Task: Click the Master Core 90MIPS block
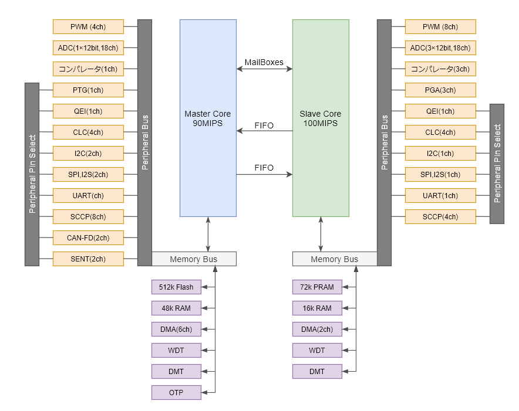coord(208,118)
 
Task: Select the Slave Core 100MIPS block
coord(321,118)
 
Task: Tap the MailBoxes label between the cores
coord(264,62)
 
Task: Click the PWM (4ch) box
coord(88,27)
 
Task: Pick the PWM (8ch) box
coord(440,27)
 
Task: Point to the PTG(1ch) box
coord(88,90)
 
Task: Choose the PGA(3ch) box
coord(440,90)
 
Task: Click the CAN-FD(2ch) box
coord(88,238)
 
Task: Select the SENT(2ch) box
coord(88,259)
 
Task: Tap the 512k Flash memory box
coord(176,287)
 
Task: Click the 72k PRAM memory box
coord(317,287)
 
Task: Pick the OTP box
coord(176,393)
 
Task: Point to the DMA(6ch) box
coord(176,330)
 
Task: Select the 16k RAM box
coord(317,308)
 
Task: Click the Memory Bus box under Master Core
coord(194,259)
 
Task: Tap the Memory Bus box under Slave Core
coord(335,259)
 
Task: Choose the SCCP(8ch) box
coord(88,217)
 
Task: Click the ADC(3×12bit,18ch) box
coord(440,48)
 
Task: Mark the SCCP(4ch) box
coord(440,217)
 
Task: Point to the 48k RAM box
coord(176,308)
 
